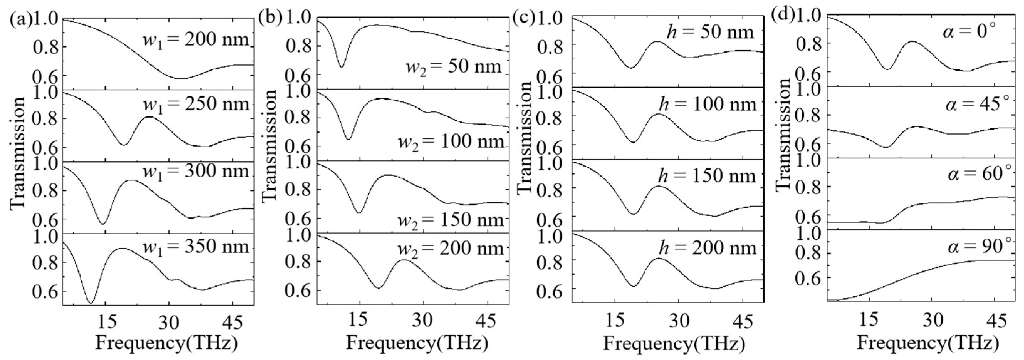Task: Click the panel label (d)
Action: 783,17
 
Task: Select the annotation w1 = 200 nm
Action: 196,40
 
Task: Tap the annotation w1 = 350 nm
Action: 196,247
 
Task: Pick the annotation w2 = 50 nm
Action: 453,66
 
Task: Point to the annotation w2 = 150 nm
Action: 451,219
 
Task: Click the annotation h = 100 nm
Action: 708,105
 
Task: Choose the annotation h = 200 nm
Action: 708,248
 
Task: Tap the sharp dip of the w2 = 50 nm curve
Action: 341,67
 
